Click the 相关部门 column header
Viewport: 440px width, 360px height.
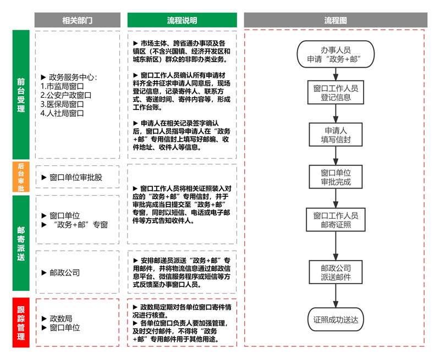pyautogui.click(x=77, y=20)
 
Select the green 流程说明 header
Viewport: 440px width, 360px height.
pyautogui.click(x=182, y=20)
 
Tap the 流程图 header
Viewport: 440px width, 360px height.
pyautogui.click(x=335, y=20)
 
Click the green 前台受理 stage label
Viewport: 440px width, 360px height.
pyautogui.click(x=21, y=95)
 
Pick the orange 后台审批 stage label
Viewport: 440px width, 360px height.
pyautogui.click(x=21, y=177)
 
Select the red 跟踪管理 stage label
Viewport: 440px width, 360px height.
pyautogui.click(x=21, y=323)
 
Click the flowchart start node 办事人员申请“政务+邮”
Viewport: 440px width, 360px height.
pyautogui.click(x=335, y=54)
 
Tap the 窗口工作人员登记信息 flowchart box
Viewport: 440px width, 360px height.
pyautogui.click(x=335, y=93)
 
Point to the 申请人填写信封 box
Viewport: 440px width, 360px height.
pyautogui.click(x=335, y=135)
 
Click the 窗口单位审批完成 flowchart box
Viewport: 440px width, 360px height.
pyautogui.click(x=335, y=177)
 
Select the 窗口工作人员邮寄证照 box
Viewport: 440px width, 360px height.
pyautogui.click(x=335, y=220)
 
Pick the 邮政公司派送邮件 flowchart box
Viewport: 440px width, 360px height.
pyautogui.click(x=335, y=273)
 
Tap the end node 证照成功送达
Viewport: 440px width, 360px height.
pyautogui.click(x=335, y=319)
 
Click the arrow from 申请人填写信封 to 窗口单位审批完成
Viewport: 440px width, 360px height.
pyautogui.click(x=335, y=157)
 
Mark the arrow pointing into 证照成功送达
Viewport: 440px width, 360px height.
pyautogui.click(x=335, y=297)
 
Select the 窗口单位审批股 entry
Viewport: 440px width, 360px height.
pyautogui.click(x=75, y=178)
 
